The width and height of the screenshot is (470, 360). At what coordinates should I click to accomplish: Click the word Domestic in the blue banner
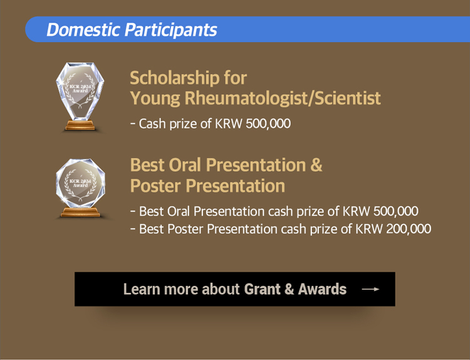click(x=83, y=29)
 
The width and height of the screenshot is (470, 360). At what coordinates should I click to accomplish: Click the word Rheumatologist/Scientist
click(x=283, y=98)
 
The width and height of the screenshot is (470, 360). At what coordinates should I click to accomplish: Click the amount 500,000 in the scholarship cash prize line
click(x=268, y=124)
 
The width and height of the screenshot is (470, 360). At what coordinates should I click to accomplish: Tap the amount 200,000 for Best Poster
click(x=409, y=229)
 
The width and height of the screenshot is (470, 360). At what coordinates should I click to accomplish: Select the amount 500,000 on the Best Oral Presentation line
click(x=396, y=211)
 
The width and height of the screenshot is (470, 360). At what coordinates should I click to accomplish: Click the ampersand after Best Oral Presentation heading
click(x=316, y=166)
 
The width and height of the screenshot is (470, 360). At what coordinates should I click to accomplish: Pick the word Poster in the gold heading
click(x=155, y=186)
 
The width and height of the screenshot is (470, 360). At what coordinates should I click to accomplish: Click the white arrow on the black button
click(x=370, y=289)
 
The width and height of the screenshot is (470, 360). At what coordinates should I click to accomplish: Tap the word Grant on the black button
click(x=262, y=289)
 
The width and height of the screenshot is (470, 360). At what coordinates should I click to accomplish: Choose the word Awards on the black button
click(x=322, y=289)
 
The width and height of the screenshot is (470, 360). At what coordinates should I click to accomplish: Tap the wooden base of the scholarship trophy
click(x=80, y=125)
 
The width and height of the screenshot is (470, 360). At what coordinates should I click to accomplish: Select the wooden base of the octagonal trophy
click(x=80, y=212)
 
